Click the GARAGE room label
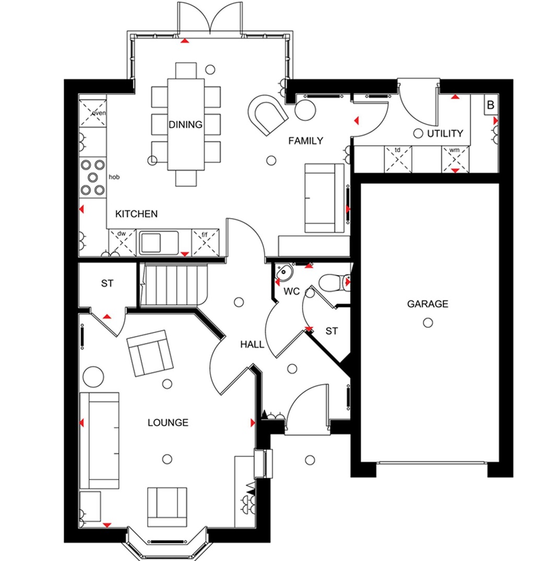(427, 304)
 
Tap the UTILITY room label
(445, 134)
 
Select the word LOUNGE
(167, 423)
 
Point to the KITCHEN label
(136, 214)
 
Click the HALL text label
(252, 344)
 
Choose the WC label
(292, 292)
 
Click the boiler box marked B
(490, 105)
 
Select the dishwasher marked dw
(122, 242)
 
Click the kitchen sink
(152, 242)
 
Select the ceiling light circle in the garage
(428, 323)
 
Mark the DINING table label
(185, 125)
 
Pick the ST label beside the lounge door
(107, 284)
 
